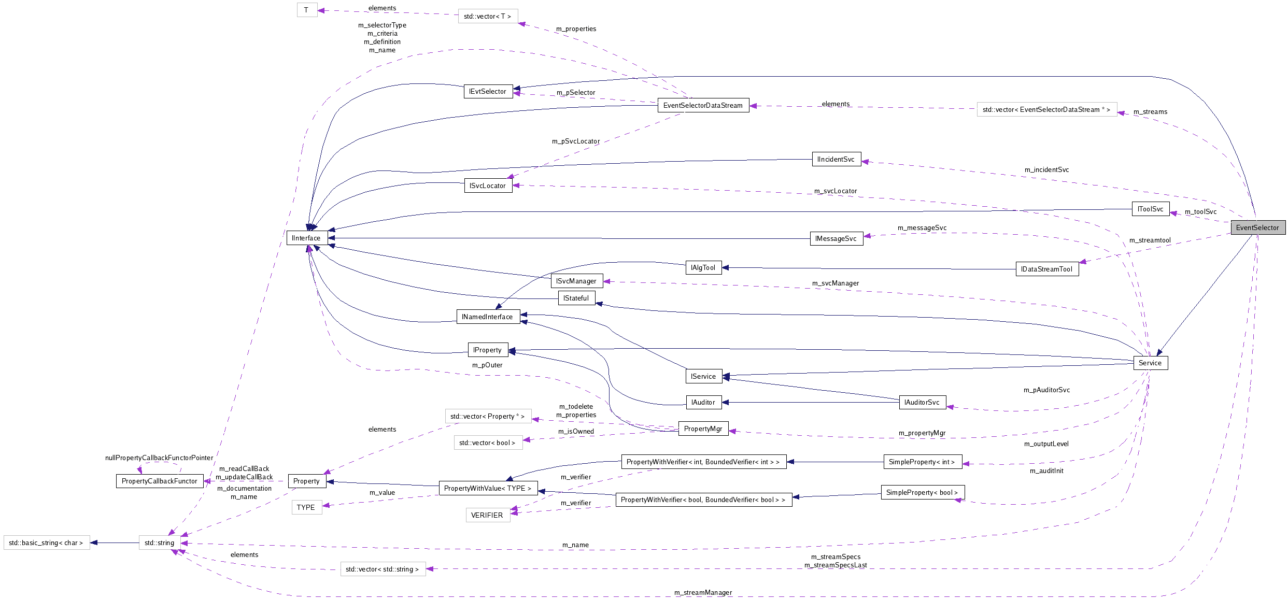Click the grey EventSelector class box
(1257, 227)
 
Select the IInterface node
(306, 238)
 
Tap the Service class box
(1150, 363)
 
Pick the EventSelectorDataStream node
(703, 105)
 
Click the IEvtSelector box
(487, 91)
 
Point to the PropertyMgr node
(703, 429)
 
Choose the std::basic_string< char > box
(46, 543)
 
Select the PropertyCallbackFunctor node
(159, 481)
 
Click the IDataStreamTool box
(1046, 269)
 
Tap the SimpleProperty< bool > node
(922, 492)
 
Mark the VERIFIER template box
(487, 515)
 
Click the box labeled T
(306, 10)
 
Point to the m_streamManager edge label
(703, 592)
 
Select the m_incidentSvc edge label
(1046, 169)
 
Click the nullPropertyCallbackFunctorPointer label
(159, 458)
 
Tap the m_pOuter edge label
(487, 365)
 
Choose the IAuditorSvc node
(922, 402)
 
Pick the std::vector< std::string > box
(383, 569)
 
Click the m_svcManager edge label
(835, 283)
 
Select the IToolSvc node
(1150, 209)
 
